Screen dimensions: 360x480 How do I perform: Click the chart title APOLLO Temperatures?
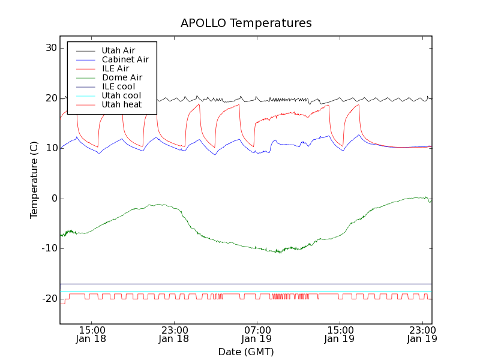246,23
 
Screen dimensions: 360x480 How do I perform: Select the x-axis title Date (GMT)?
246,352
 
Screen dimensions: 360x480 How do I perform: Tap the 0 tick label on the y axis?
53,199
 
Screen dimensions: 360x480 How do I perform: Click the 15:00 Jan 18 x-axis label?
92,334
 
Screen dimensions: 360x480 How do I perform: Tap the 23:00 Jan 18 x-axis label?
175,334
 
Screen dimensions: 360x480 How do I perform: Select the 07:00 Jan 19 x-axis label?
257,334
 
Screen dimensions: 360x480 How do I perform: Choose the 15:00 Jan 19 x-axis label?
340,334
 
